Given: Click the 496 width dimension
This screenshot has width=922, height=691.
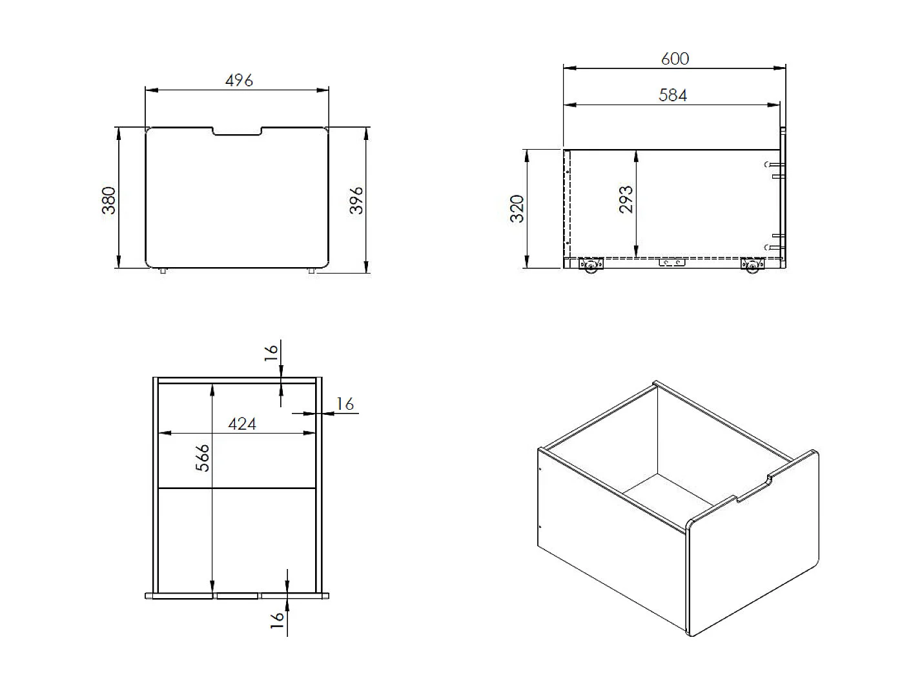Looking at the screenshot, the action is coord(239,80).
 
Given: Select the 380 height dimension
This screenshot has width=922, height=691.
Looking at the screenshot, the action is coord(108,201).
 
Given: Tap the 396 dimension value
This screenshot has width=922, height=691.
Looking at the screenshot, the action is coord(356,201).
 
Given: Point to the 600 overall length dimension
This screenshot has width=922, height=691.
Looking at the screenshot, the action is coord(675,59).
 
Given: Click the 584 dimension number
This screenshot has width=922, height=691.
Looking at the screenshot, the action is coord(673,95).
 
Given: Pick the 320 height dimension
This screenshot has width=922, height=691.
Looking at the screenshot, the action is coord(517,208).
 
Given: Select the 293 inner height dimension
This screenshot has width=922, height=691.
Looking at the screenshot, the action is coord(626,199).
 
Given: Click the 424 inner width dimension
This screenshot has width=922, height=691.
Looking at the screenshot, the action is coord(242,424).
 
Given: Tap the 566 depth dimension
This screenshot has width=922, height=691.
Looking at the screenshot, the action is coord(203,457).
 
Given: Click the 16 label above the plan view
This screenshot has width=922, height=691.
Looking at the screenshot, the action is coord(271,352).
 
